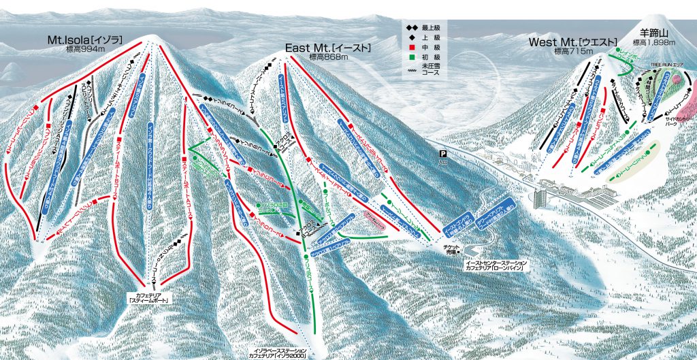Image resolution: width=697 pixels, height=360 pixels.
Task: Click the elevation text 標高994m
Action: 85,49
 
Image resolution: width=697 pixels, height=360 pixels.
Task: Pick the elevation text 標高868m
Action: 329,56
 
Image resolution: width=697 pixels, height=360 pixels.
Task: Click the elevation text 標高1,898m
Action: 653,42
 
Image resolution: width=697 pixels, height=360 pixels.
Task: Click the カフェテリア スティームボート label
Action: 150,298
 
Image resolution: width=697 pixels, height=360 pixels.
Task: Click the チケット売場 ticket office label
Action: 449,251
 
